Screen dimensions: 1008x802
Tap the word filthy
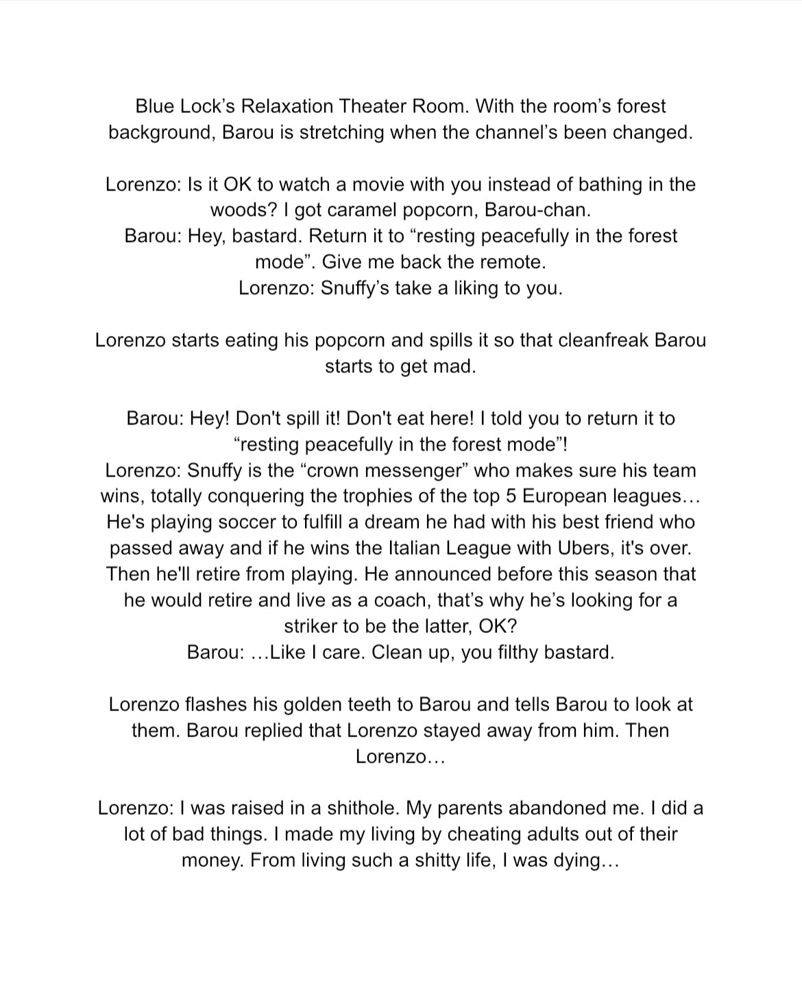click(x=511, y=652)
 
